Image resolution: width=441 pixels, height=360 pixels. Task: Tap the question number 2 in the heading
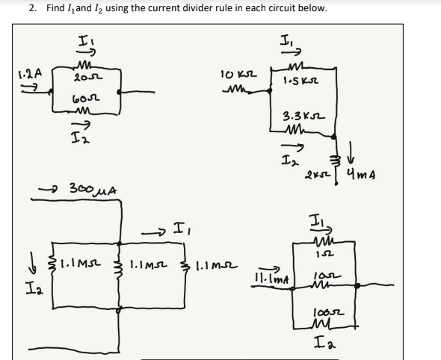point(31,8)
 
